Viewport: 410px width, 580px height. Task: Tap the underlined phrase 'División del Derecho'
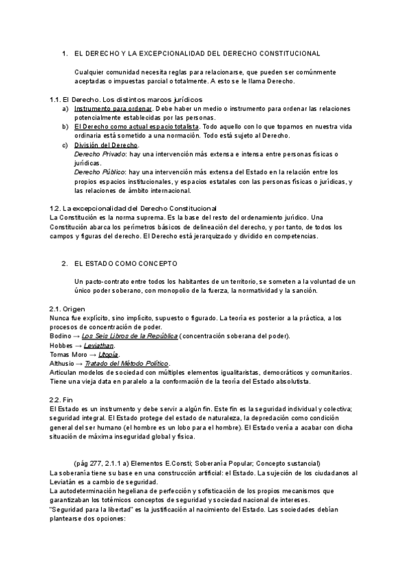(x=105, y=145)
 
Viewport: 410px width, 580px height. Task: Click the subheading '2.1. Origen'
(x=68, y=309)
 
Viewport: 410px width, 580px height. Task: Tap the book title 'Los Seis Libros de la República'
(x=130, y=337)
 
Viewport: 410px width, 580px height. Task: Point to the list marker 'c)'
(x=65, y=145)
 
